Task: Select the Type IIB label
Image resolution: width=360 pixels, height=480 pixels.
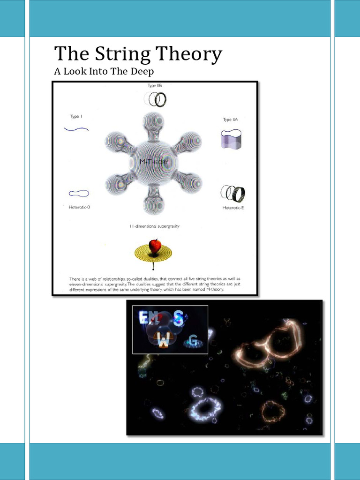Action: tap(155, 86)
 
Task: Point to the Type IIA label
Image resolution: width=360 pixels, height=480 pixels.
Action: tap(230, 120)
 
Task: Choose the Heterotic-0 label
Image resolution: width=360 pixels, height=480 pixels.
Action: tap(79, 206)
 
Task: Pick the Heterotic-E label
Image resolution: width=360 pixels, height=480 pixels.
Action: tap(233, 207)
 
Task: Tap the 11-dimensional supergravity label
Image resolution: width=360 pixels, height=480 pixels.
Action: tap(154, 226)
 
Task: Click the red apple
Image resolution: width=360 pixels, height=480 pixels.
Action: tap(155, 246)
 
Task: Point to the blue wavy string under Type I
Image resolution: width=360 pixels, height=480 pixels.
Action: tap(76, 128)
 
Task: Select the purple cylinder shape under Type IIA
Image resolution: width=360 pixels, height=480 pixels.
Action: tap(231, 139)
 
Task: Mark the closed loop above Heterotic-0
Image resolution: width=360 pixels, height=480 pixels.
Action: tap(79, 193)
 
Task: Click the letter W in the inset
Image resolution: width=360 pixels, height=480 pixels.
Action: tap(163, 342)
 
